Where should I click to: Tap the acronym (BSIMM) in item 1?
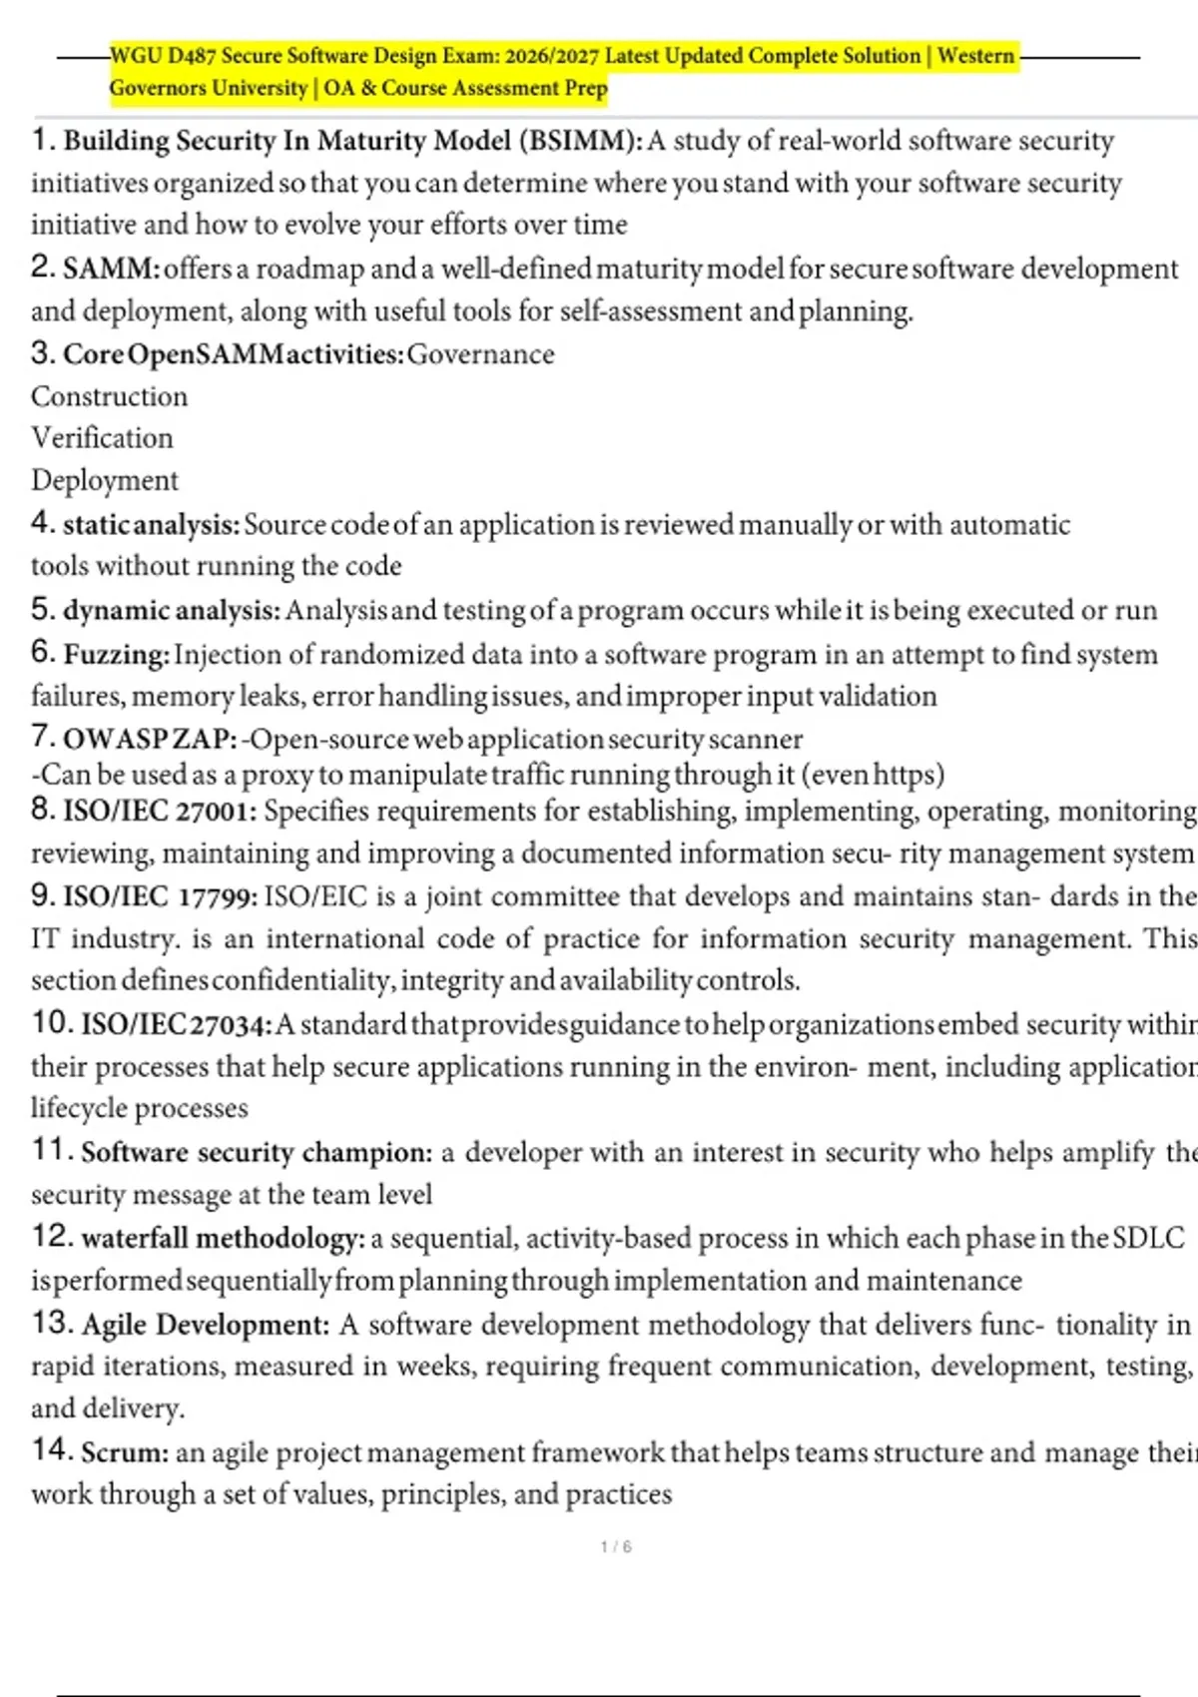click(x=581, y=141)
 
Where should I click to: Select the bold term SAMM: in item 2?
click(x=111, y=270)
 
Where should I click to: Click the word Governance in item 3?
click(x=480, y=354)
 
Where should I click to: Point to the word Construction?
click(x=109, y=396)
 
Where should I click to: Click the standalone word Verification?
click(x=102, y=438)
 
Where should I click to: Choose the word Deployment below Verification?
click(x=105, y=480)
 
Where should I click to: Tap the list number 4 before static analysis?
click(x=41, y=522)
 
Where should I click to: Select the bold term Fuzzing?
click(x=116, y=655)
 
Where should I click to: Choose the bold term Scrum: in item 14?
click(x=125, y=1452)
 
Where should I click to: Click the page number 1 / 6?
click(x=616, y=1546)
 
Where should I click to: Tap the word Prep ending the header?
click(x=585, y=88)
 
